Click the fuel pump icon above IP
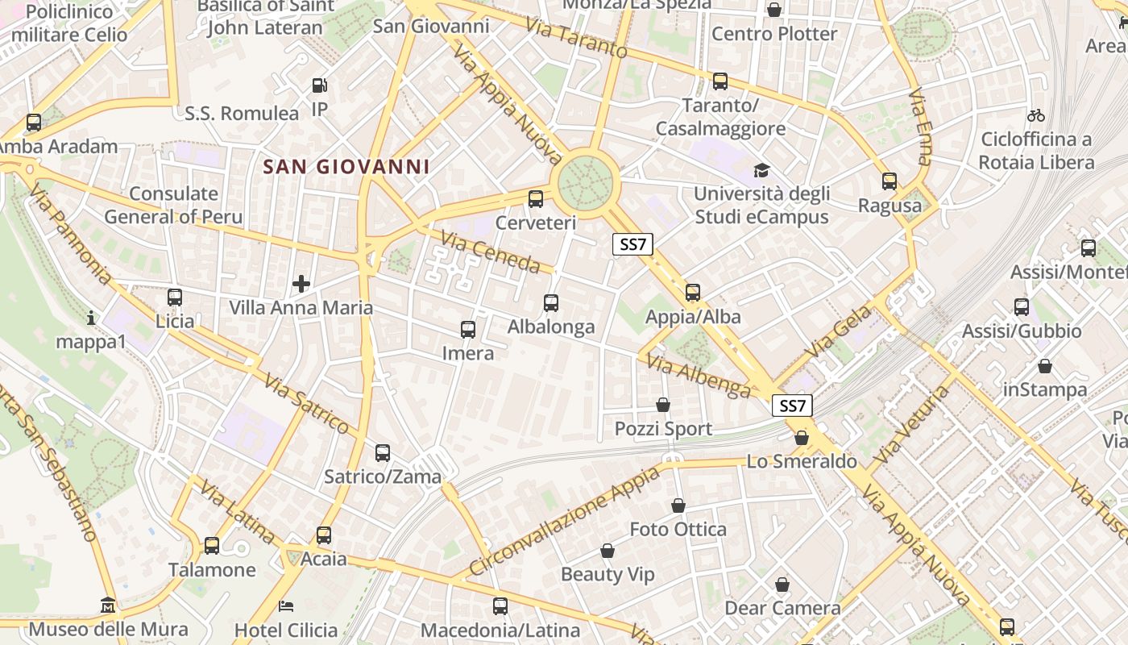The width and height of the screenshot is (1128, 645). point(320,85)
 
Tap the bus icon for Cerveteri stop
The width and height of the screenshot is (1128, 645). point(536,199)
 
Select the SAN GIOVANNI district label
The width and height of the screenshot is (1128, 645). point(346,167)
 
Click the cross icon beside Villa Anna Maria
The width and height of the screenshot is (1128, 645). point(301,284)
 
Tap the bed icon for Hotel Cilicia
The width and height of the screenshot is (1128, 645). point(286,605)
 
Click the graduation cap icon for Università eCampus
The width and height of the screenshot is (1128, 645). point(761,170)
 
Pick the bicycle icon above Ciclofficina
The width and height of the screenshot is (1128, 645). point(1036,115)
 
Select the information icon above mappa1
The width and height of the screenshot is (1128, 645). point(91,318)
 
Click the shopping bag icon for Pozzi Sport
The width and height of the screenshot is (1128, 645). point(663,405)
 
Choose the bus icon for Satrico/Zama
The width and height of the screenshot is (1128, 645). point(383,453)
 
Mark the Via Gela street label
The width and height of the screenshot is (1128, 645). point(839,332)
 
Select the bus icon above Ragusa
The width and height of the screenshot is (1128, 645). point(890,181)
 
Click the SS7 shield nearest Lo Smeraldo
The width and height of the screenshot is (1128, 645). point(792,406)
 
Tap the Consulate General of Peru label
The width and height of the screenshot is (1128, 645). point(173,205)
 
